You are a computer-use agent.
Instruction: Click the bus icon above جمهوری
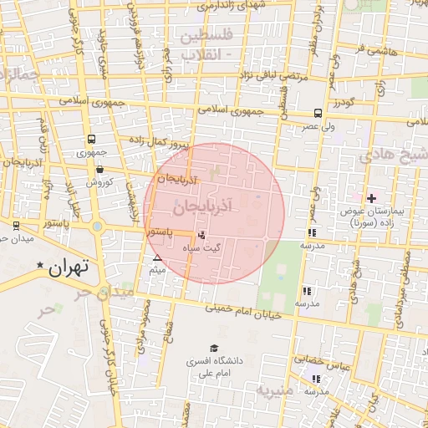click(90, 140)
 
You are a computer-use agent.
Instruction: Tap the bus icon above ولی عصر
click(318, 113)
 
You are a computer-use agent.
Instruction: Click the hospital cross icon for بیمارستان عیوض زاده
click(372, 198)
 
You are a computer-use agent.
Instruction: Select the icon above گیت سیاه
click(201, 235)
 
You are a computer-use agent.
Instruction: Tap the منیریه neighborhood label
click(276, 390)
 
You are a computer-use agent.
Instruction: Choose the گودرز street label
click(344, 102)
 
